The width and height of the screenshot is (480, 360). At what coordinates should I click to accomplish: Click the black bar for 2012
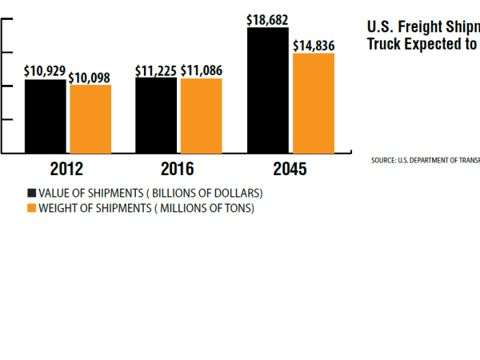[46, 116]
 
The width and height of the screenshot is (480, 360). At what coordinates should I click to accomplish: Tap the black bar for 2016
[156, 115]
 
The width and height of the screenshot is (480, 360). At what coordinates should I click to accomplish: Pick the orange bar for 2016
[201, 115]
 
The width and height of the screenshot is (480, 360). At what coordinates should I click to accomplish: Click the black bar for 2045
[268, 90]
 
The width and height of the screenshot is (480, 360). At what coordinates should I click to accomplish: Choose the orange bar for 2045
[314, 102]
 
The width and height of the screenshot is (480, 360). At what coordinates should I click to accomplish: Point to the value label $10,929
[45, 71]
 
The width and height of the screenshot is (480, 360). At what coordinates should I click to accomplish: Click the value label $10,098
[90, 78]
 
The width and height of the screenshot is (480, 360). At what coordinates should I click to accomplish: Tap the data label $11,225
[156, 70]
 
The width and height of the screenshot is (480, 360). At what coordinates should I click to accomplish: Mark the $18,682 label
[268, 20]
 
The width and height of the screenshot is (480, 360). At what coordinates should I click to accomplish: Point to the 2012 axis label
[66, 170]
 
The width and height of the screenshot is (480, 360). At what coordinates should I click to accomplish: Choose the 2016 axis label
[178, 170]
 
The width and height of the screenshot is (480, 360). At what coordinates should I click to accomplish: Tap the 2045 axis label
[289, 170]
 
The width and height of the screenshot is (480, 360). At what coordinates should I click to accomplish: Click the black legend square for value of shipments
[32, 193]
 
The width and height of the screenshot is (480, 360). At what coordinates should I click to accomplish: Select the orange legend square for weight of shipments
[32, 208]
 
